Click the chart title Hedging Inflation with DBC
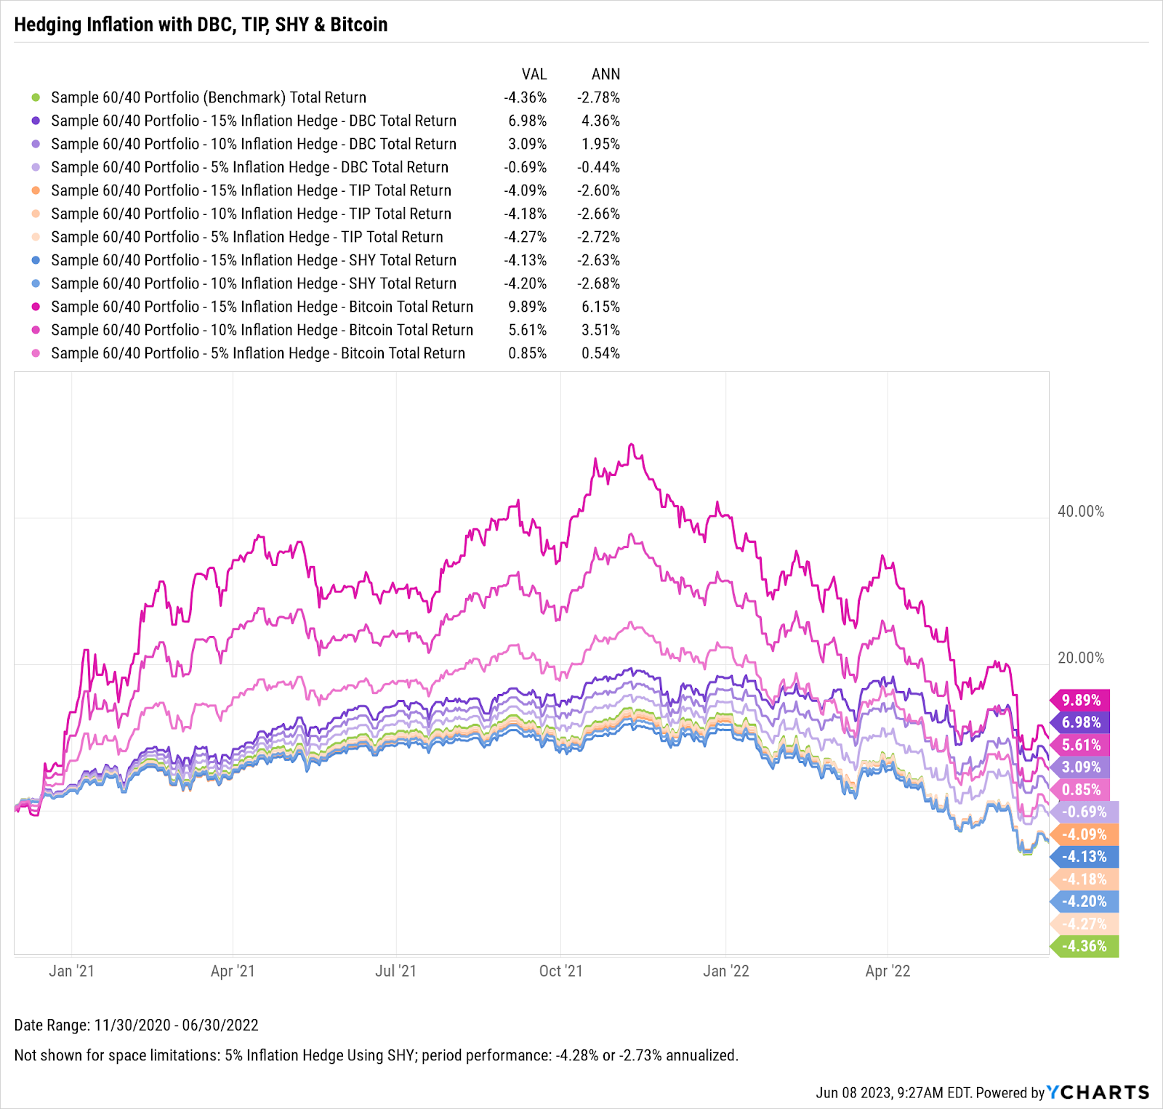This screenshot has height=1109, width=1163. [201, 25]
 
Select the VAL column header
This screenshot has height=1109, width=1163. [534, 74]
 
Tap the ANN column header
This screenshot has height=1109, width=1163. [605, 74]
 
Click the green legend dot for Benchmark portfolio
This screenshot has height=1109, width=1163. [36, 97]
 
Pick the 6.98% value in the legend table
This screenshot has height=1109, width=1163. [527, 121]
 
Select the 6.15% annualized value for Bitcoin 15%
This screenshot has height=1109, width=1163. [600, 307]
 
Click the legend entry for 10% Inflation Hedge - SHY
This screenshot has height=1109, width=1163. [254, 283]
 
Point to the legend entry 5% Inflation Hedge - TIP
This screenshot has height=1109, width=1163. [246, 237]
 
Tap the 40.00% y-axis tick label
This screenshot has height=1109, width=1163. [1080, 512]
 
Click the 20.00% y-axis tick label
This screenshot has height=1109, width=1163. [1080, 658]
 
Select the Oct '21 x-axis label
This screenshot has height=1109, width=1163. [560, 971]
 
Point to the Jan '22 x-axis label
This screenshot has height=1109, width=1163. [725, 971]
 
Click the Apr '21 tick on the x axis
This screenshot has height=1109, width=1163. [233, 971]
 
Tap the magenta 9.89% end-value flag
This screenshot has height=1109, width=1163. [1081, 700]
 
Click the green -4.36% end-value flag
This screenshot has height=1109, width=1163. [1084, 946]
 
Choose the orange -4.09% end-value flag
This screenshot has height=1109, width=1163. [1084, 834]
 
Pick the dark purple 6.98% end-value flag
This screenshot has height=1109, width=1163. [1081, 722]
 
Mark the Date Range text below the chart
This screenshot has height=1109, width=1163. [137, 1025]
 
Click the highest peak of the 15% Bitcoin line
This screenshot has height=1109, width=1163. [631, 444]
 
